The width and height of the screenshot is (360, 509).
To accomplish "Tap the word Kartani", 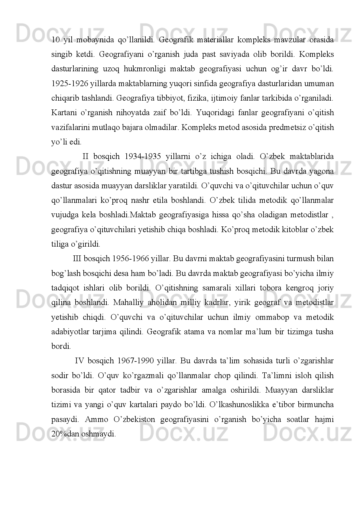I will pos(63,113).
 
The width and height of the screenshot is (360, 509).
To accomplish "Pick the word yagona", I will pos(323,171).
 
